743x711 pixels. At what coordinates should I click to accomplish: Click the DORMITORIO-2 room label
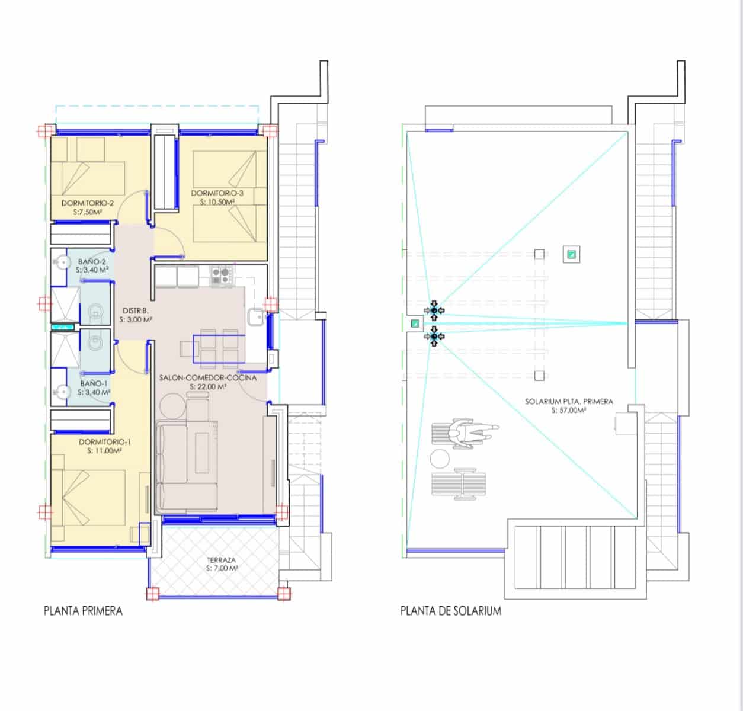pos(88,203)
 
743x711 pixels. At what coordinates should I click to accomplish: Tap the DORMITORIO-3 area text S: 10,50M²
pos(217,202)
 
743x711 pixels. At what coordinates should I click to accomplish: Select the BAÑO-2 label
pos(92,261)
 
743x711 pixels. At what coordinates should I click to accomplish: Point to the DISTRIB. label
pos(136,310)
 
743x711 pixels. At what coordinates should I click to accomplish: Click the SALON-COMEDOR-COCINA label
pos(208,377)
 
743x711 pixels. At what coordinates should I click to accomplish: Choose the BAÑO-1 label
pos(94,383)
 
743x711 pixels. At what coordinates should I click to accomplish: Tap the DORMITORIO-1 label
pos(104,442)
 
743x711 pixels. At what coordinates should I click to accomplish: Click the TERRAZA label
pos(222,559)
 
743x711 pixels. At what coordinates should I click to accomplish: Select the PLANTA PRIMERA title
pos(84,611)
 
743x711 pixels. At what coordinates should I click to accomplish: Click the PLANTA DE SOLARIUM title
pos(450,611)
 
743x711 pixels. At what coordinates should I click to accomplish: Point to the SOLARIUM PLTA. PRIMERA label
pos(569,401)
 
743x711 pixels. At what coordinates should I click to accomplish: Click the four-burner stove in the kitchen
pos(221,274)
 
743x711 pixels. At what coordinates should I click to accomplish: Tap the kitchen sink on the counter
pos(256,319)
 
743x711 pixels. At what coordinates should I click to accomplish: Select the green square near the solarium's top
pos(571,255)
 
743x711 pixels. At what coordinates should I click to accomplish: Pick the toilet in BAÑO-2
pos(95,310)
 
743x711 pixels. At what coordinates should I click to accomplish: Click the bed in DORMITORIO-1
pos(89,498)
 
